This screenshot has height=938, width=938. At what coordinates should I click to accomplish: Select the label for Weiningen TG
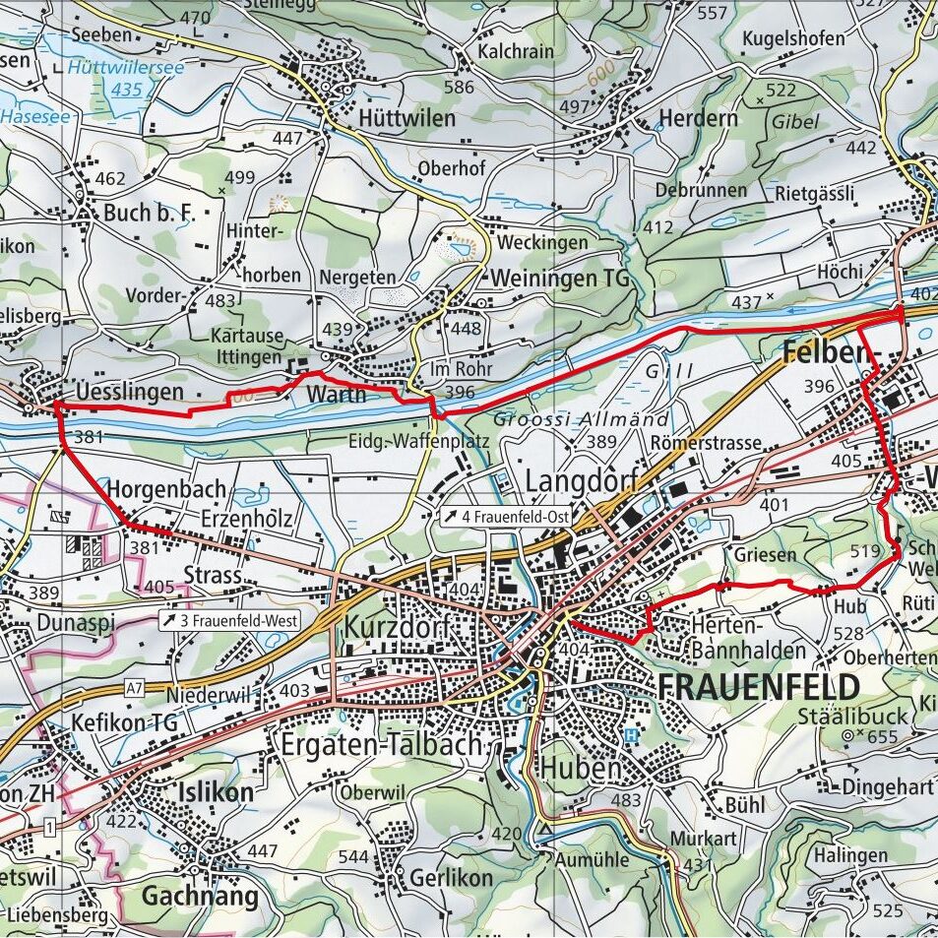[559, 279]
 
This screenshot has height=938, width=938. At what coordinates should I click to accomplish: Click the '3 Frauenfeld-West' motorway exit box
[230, 621]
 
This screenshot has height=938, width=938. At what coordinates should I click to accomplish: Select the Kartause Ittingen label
[247, 344]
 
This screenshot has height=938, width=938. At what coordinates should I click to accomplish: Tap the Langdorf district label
[581, 481]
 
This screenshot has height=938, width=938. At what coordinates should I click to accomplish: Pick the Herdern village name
[697, 119]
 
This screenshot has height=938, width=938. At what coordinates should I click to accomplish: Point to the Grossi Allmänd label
[581, 418]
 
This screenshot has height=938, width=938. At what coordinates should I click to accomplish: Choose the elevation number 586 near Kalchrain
[459, 88]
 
